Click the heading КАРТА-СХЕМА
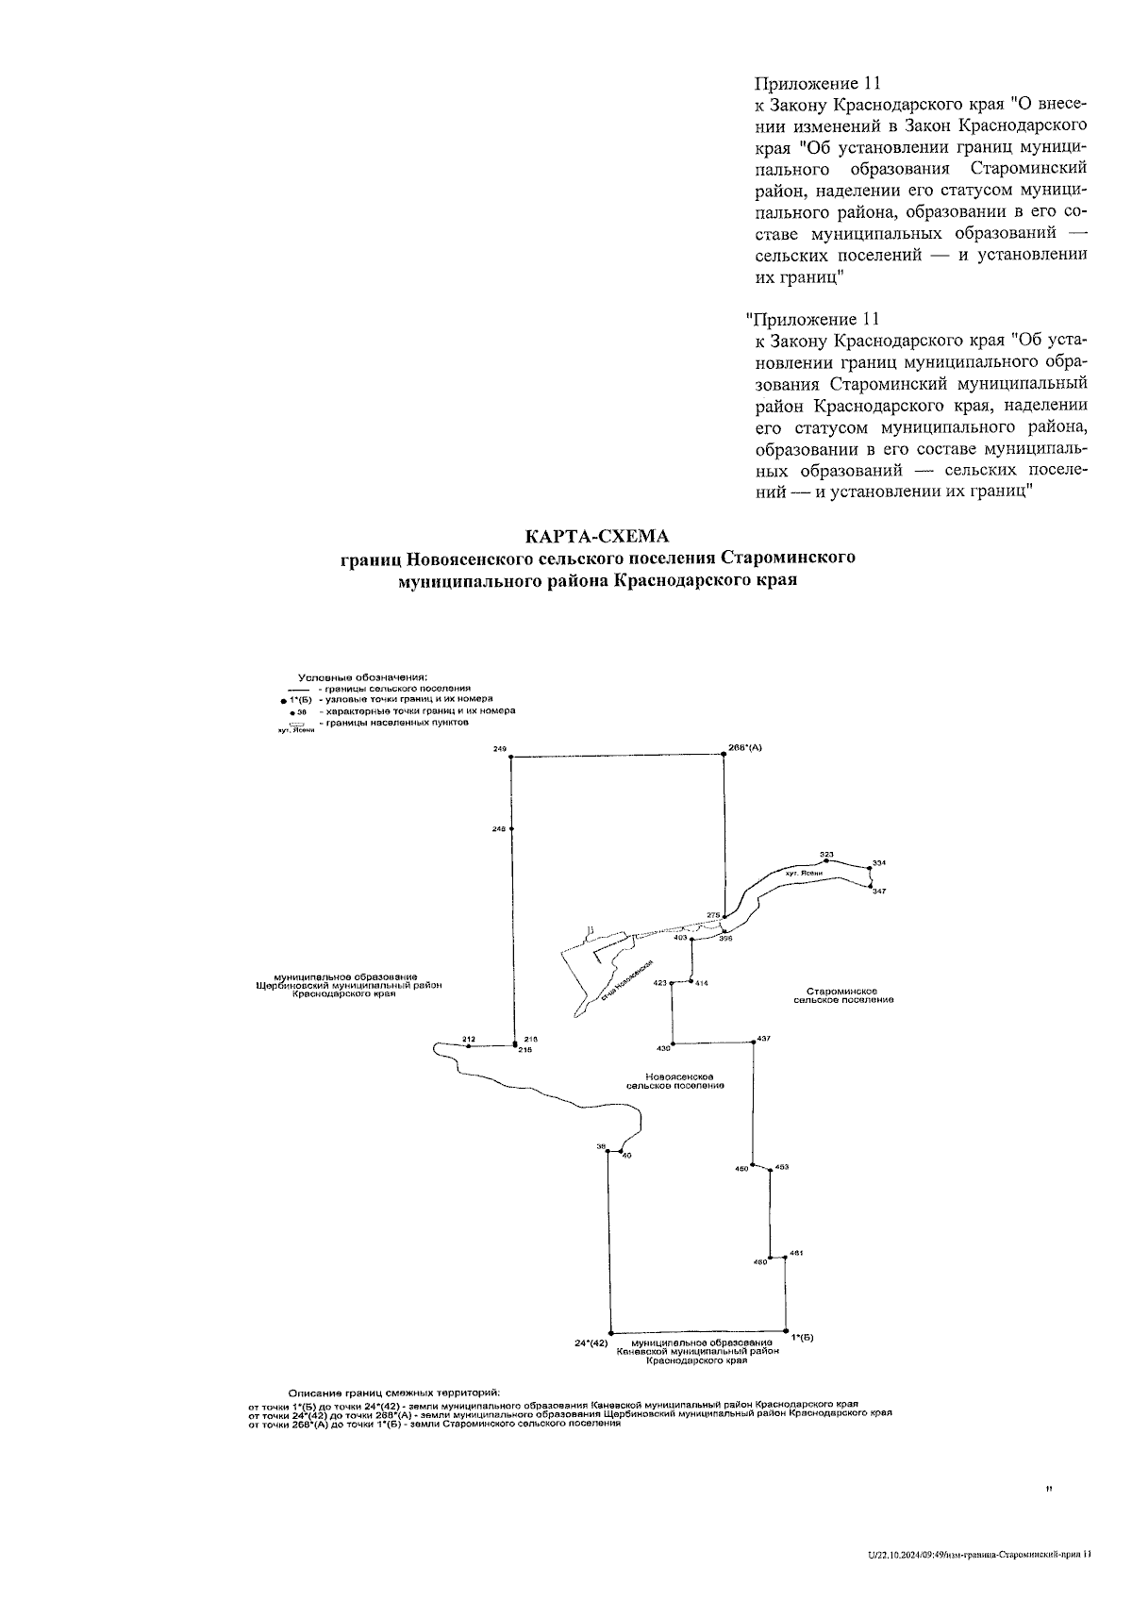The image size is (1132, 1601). [x=597, y=536]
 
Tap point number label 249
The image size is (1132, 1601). [x=500, y=748]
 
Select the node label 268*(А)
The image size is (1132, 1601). [x=745, y=747]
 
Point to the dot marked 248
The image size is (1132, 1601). [x=511, y=829]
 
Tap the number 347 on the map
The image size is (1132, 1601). [x=879, y=892]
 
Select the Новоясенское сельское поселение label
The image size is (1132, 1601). [x=675, y=1081]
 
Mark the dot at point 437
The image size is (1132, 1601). [x=754, y=1043]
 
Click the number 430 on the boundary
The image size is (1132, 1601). [x=663, y=1048]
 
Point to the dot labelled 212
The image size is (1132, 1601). [x=468, y=1046]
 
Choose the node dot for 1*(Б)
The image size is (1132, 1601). [x=787, y=1328]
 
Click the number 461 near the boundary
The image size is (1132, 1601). [x=796, y=1252]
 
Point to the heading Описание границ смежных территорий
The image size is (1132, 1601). [x=393, y=1393]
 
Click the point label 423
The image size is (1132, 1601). [x=660, y=983]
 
